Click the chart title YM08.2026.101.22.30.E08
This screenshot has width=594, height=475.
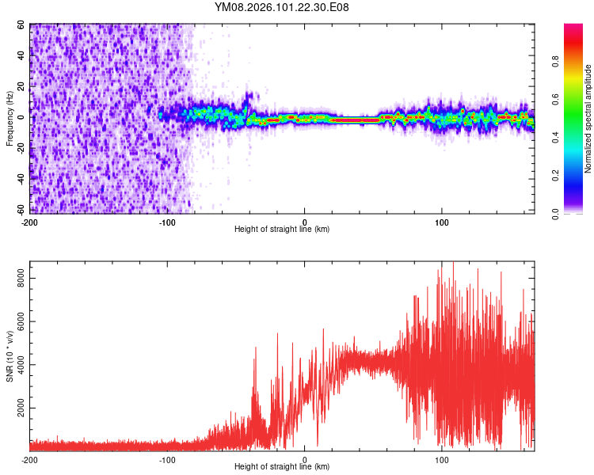[282, 8]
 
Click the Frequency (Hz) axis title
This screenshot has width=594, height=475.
[10, 119]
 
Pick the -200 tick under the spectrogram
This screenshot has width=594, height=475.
[29, 221]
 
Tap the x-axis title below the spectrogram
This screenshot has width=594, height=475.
[282, 230]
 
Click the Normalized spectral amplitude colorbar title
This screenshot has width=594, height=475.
[588, 119]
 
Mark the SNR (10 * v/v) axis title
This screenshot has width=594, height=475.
[10, 356]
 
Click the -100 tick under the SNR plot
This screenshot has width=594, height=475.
[167, 459]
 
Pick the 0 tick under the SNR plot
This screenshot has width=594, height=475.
[305, 459]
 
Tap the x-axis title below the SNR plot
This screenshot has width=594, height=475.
[282, 467]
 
